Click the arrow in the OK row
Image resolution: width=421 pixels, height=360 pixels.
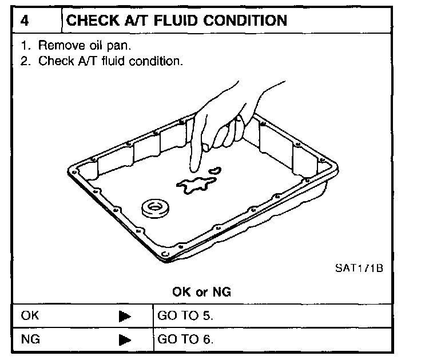[x=126, y=315]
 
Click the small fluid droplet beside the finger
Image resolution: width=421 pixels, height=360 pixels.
[x=216, y=170]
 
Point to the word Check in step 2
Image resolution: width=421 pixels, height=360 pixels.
[x=53, y=61]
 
